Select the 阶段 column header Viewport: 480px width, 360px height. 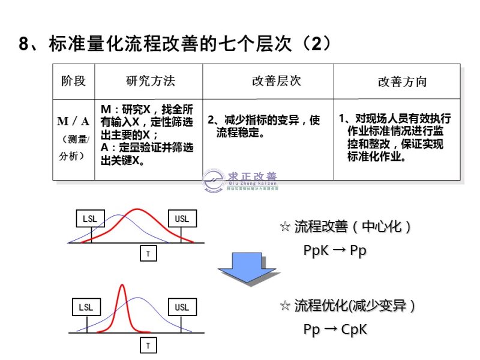(74, 81)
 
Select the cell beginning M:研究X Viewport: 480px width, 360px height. (148, 136)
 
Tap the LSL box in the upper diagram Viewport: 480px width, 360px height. (90, 218)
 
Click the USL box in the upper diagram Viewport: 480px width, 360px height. (182, 218)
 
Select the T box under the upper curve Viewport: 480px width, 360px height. (148, 254)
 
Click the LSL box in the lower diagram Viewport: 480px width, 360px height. (86, 308)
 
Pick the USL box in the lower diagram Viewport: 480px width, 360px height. (182, 308)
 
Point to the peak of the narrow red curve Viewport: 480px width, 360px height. (122, 286)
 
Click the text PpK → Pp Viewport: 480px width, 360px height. (334, 251)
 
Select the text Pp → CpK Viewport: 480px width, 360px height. (335, 329)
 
